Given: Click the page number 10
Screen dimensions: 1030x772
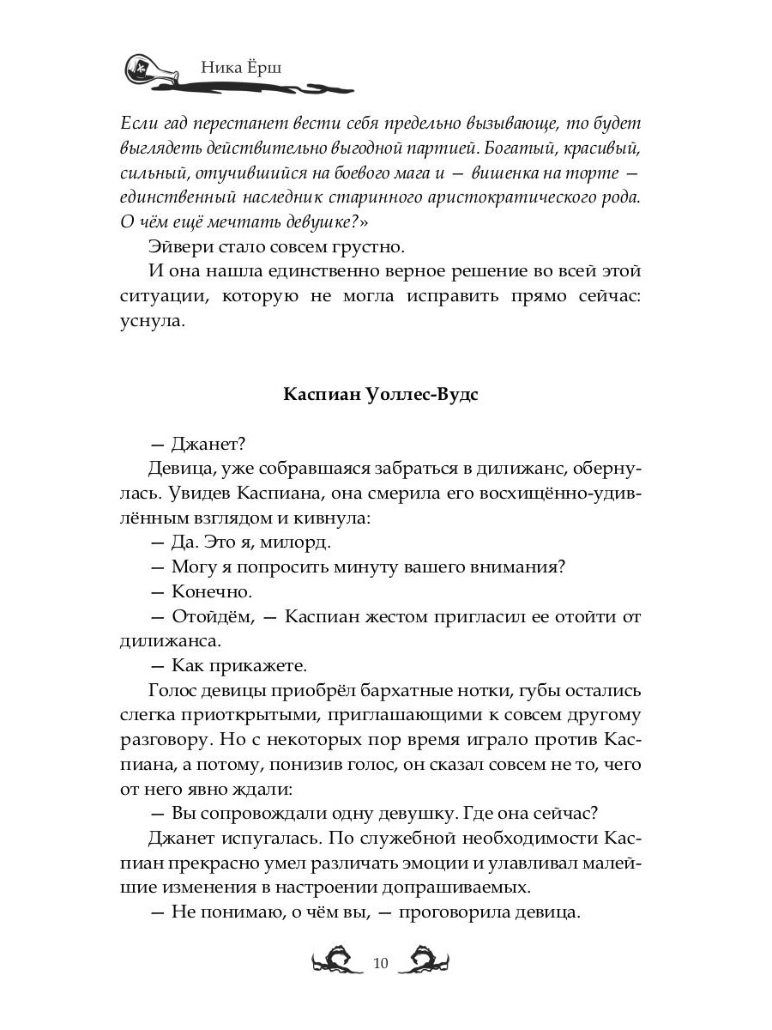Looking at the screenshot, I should [382, 963].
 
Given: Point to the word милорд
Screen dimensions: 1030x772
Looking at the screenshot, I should [297, 543].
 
